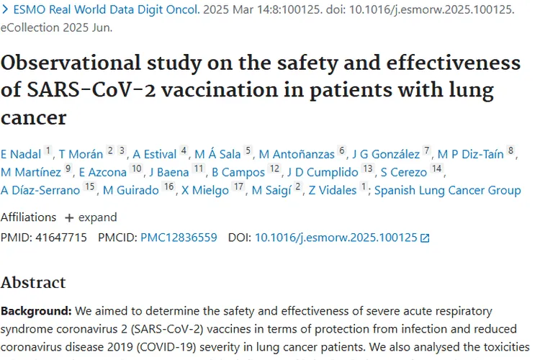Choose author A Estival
click(155, 153)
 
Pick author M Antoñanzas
click(297, 153)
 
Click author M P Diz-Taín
click(471, 153)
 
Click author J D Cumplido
click(323, 172)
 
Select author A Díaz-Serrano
click(40, 190)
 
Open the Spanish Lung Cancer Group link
click(447, 190)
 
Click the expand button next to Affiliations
click(91, 217)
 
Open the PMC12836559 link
click(179, 237)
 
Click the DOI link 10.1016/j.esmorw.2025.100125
click(336, 237)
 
